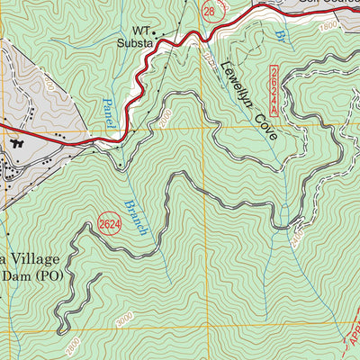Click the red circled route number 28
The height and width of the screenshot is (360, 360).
[210, 12]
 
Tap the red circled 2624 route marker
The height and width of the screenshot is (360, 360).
[109, 222]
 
